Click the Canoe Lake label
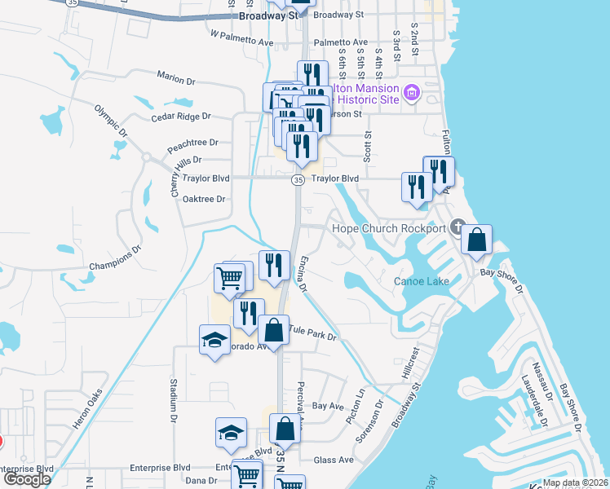click(422, 282)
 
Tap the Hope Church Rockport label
click(390, 228)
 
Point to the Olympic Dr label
click(112, 120)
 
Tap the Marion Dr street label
click(180, 78)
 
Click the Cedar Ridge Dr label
click(180, 117)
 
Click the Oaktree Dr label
click(204, 199)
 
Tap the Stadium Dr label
click(174, 394)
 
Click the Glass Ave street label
click(334, 460)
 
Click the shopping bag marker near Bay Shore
click(477, 240)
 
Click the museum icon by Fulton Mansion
click(411, 94)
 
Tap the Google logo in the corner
click(27, 479)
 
